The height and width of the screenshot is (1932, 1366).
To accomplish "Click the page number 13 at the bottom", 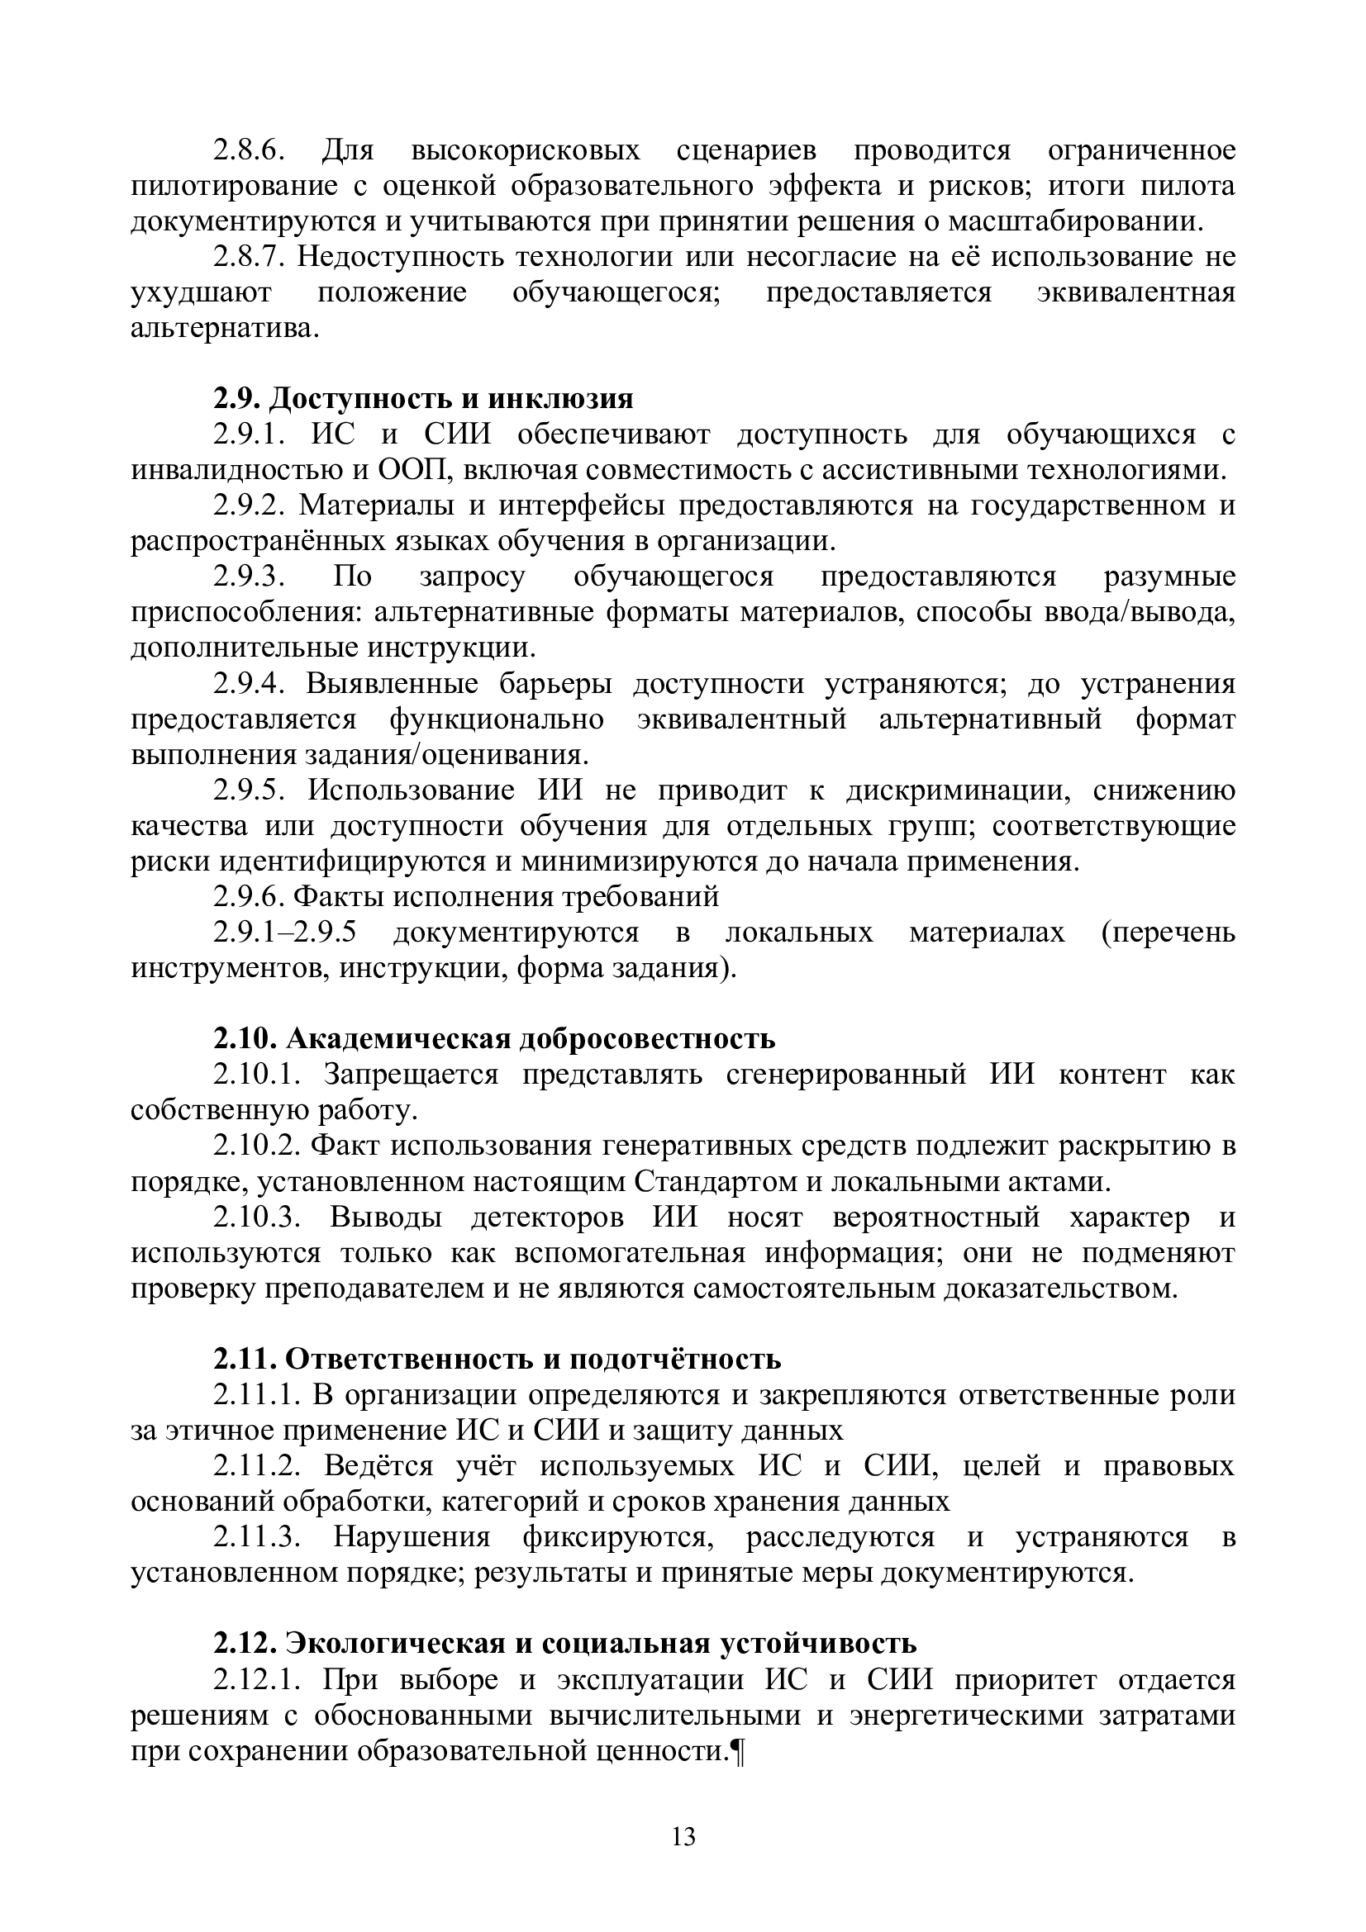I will pyautogui.click(x=683, y=1836).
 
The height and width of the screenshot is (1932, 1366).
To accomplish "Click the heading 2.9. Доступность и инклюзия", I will pyautogui.click(x=422, y=397).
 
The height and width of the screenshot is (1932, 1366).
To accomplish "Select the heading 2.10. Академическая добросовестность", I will pyautogui.click(x=494, y=1038).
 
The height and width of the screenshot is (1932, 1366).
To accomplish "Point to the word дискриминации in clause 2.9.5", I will pyautogui.click(x=959, y=790).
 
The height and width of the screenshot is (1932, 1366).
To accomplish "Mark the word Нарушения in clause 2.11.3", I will pyautogui.click(x=412, y=1536).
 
